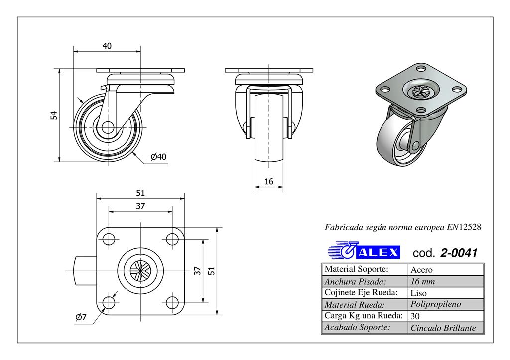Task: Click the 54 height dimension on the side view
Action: [55, 115]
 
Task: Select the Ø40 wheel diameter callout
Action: [158, 157]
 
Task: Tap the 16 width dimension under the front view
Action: [269, 182]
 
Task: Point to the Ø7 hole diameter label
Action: [81, 317]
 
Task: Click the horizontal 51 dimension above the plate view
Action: [140, 193]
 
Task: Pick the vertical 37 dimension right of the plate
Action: [197, 271]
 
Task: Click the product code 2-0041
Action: [459, 253]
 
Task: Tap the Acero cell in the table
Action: [421, 270]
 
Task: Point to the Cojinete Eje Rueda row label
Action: [360, 292]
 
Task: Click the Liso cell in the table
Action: [419, 293]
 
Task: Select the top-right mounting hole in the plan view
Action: [172, 240]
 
